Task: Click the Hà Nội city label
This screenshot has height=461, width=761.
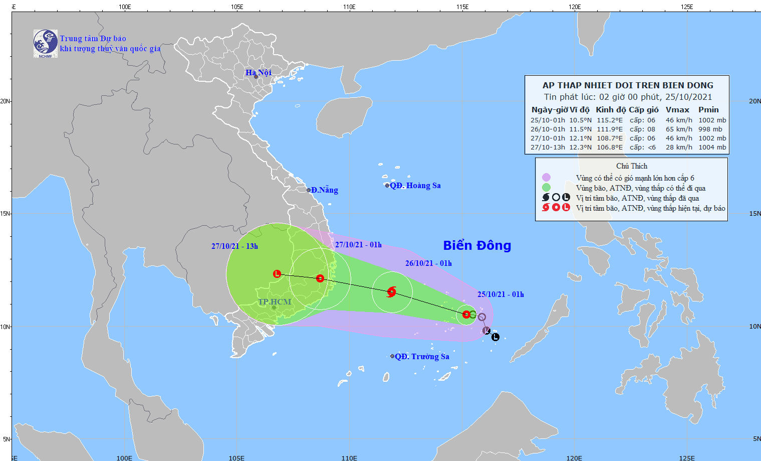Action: click(x=258, y=73)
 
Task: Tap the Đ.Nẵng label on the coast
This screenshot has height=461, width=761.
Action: click(x=324, y=190)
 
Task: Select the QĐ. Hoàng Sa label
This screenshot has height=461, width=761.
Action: click(x=415, y=186)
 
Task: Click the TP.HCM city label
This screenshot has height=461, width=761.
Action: click(x=275, y=302)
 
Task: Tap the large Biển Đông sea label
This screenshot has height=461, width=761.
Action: click(x=477, y=245)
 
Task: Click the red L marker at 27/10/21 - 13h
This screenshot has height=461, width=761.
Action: click(x=277, y=274)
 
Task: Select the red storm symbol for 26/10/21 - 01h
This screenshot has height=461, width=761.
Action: click(x=392, y=291)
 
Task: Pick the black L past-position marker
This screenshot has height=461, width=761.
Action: click(x=495, y=337)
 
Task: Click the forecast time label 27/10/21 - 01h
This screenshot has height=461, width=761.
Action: click(x=358, y=245)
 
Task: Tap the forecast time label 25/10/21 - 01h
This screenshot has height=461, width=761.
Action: click(x=500, y=294)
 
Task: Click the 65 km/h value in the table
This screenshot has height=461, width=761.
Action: click(x=679, y=129)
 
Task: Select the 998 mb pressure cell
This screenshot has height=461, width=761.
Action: click(x=710, y=129)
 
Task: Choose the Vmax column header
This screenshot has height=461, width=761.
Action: click(x=677, y=110)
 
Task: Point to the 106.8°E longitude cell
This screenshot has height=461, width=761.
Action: click(x=610, y=147)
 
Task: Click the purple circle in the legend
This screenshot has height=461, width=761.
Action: click(x=546, y=178)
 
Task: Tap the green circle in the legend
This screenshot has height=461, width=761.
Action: click(x=546, y=188)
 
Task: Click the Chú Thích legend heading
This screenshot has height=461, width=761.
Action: click(x=632, y=166)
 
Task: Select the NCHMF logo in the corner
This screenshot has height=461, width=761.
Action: click(x=45, y=44)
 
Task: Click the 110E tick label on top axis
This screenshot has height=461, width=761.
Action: click(x=349, y=7)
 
